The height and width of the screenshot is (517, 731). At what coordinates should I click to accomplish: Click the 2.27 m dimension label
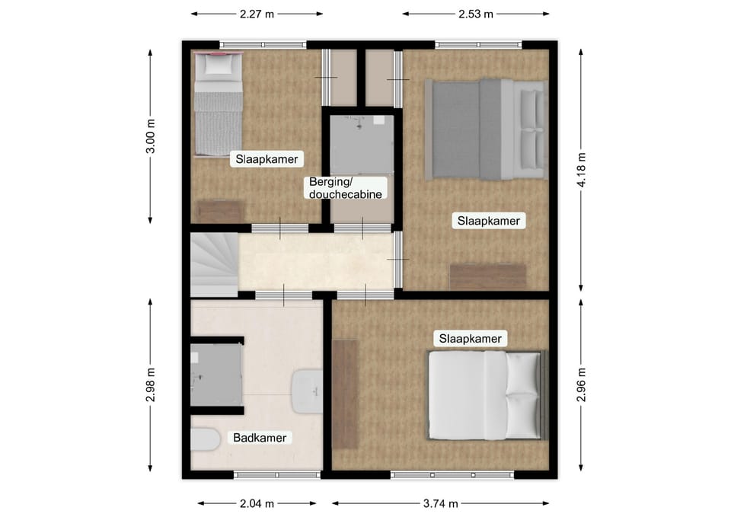pyautogui.click(x=257, y=14)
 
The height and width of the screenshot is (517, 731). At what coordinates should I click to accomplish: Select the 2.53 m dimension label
pyautogui.click(x=475, y=14)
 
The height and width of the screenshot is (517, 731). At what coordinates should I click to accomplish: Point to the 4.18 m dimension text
pyautogui.click(x=581, y=170)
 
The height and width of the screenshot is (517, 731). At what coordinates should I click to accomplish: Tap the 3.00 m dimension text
pyautogui.click(x=150, y=136)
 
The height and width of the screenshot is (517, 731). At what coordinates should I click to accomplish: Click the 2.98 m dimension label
pyautogui.click(x=150, y=385)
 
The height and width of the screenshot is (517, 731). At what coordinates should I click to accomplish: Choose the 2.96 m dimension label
pyautogui.click(x=581, y=385)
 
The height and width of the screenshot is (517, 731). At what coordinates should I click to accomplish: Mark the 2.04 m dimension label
pyautogui.click(x=257, y=503)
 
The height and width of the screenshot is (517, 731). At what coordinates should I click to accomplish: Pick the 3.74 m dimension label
pyautogui.click(x=441, y=503)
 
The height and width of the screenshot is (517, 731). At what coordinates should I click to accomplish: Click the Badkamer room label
pyautogui.click(x=260, y=438)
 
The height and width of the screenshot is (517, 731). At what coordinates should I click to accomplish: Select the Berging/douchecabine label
pyautogui.click(x=346, y=188)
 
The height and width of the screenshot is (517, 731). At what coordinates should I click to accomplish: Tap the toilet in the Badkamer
pyautogui.click(x=205, y=439)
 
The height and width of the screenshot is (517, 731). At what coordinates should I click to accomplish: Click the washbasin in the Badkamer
pyautogui.click(x=307, y=391)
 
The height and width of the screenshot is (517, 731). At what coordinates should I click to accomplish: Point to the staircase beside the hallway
pyautogui.click(x=215, y=265)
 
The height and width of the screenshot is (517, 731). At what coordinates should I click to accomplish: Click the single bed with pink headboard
pyautogui.click(x=219, y=104)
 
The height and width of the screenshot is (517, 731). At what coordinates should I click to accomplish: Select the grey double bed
pyautogui.click(x=486, y=129)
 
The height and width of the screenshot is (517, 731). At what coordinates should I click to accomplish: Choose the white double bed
pyautogui.click(x=487, y=395)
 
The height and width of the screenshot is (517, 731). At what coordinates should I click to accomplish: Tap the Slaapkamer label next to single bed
pyautogui.click(x=267, y=159)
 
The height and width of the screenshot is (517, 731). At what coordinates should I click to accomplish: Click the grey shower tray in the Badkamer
pyautogui.click(x=216, y=375)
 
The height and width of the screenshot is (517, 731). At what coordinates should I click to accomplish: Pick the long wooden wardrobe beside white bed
pyautogui.click(x=346, y=394)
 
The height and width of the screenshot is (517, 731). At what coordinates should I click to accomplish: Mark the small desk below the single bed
pyautogui.click(x=220, y=211)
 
